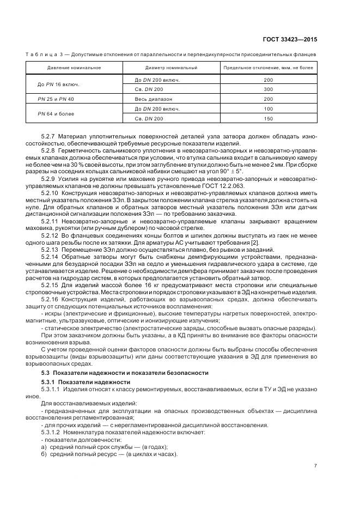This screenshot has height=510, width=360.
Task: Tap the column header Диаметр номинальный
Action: (x=171, y=68)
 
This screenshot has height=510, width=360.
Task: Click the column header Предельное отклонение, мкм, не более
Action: (x=268, y=68)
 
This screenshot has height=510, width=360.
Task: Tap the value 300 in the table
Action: (x=268, y=89)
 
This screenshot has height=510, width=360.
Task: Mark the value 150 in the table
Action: (x=268, y=119)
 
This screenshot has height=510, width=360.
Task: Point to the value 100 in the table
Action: (x=268, y=109)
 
